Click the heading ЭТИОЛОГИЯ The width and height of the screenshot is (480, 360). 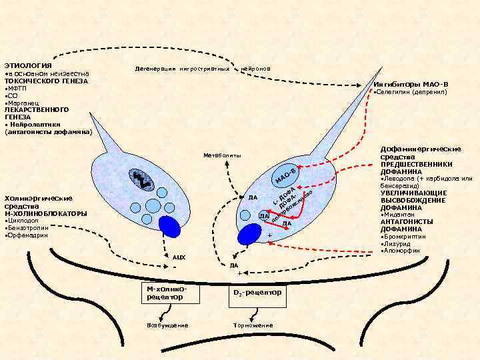(23, 65)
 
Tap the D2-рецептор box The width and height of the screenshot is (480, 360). (257, 293)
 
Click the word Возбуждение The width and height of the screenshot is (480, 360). (167, 325)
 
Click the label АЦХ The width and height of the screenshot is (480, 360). (178, 257)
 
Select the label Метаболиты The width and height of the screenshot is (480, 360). (222, 155)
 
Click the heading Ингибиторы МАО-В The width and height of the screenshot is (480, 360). (411, 84)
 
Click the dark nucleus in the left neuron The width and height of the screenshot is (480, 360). (143, 179)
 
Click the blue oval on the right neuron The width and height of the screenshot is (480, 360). (250, 234)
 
